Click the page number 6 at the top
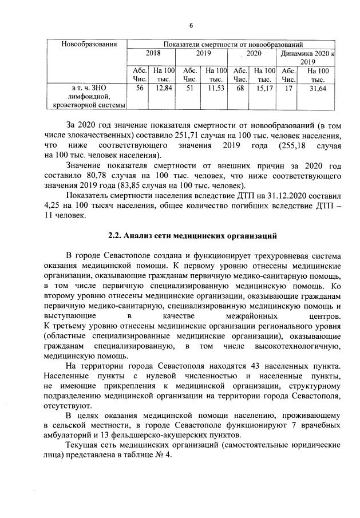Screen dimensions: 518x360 [x=191, y=25]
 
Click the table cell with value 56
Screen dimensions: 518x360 [x=139, y=88]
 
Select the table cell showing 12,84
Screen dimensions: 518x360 [x=164, y=88]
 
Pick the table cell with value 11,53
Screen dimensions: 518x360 [x=215, y=88]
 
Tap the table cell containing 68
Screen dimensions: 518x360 [x=240, y=88]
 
